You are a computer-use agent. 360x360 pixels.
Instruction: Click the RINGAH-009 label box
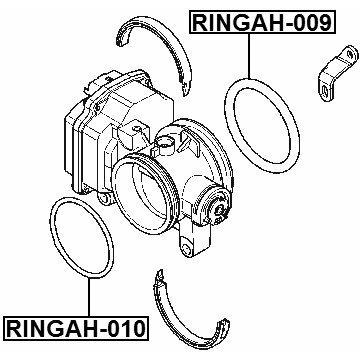[x=262, y=22]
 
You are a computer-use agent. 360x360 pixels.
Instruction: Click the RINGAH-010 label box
[x=76, y=328]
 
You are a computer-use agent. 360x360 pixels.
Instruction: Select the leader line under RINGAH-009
[x=249, y=56]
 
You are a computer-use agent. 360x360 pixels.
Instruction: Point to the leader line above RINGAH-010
[x=89, y=297]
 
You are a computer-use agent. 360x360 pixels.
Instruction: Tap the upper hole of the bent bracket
[x=350, y=54]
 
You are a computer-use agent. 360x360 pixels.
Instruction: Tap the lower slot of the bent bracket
[x=325, y=91]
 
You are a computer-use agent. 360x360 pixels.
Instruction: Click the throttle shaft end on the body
[x=220, y=209]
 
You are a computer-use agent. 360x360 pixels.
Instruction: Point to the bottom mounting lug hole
[x=187, y=249]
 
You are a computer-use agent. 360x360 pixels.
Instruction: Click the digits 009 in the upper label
[x=309, y=22]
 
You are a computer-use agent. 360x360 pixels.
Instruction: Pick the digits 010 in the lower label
[x=122, y=328]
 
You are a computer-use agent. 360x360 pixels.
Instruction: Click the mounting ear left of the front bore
[x=104, y=199]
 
